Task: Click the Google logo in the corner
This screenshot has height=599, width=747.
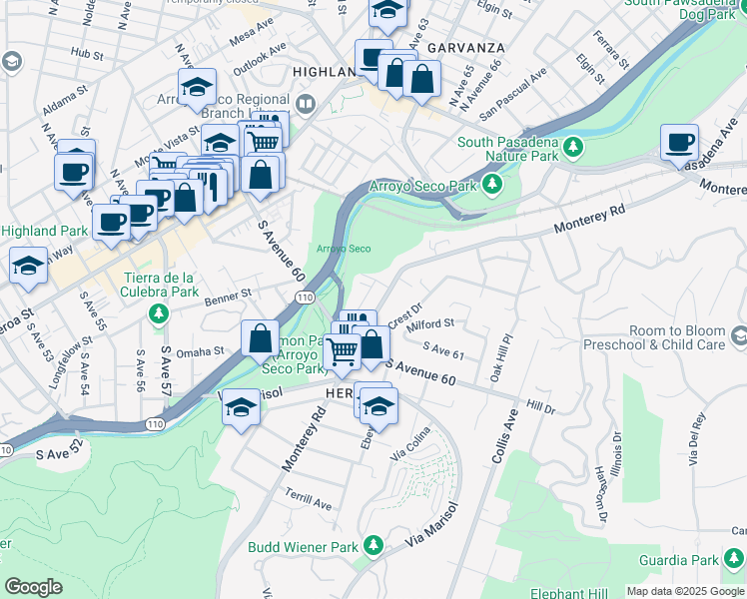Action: pos(33,587)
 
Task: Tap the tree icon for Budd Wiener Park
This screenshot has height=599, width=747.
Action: pos(373,546)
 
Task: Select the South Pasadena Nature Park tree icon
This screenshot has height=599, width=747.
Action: pos(573,149)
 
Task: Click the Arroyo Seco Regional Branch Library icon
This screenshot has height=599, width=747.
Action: pos(306,103)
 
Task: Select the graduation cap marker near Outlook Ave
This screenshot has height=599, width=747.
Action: pos(198,86)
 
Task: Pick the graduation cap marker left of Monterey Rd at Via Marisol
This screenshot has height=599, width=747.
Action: pos(241,407)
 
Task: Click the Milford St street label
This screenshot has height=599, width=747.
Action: pos(430,323)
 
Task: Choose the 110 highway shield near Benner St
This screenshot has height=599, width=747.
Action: pos(305,298)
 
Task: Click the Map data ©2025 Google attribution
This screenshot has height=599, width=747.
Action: pos(685,590)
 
